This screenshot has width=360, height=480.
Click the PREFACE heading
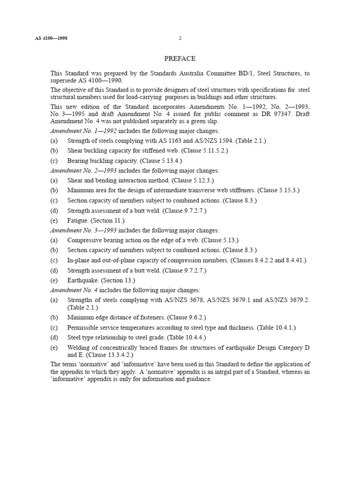point(180,59)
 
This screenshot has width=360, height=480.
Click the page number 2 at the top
point(180,38)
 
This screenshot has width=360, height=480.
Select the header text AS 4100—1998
point(51,38)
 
